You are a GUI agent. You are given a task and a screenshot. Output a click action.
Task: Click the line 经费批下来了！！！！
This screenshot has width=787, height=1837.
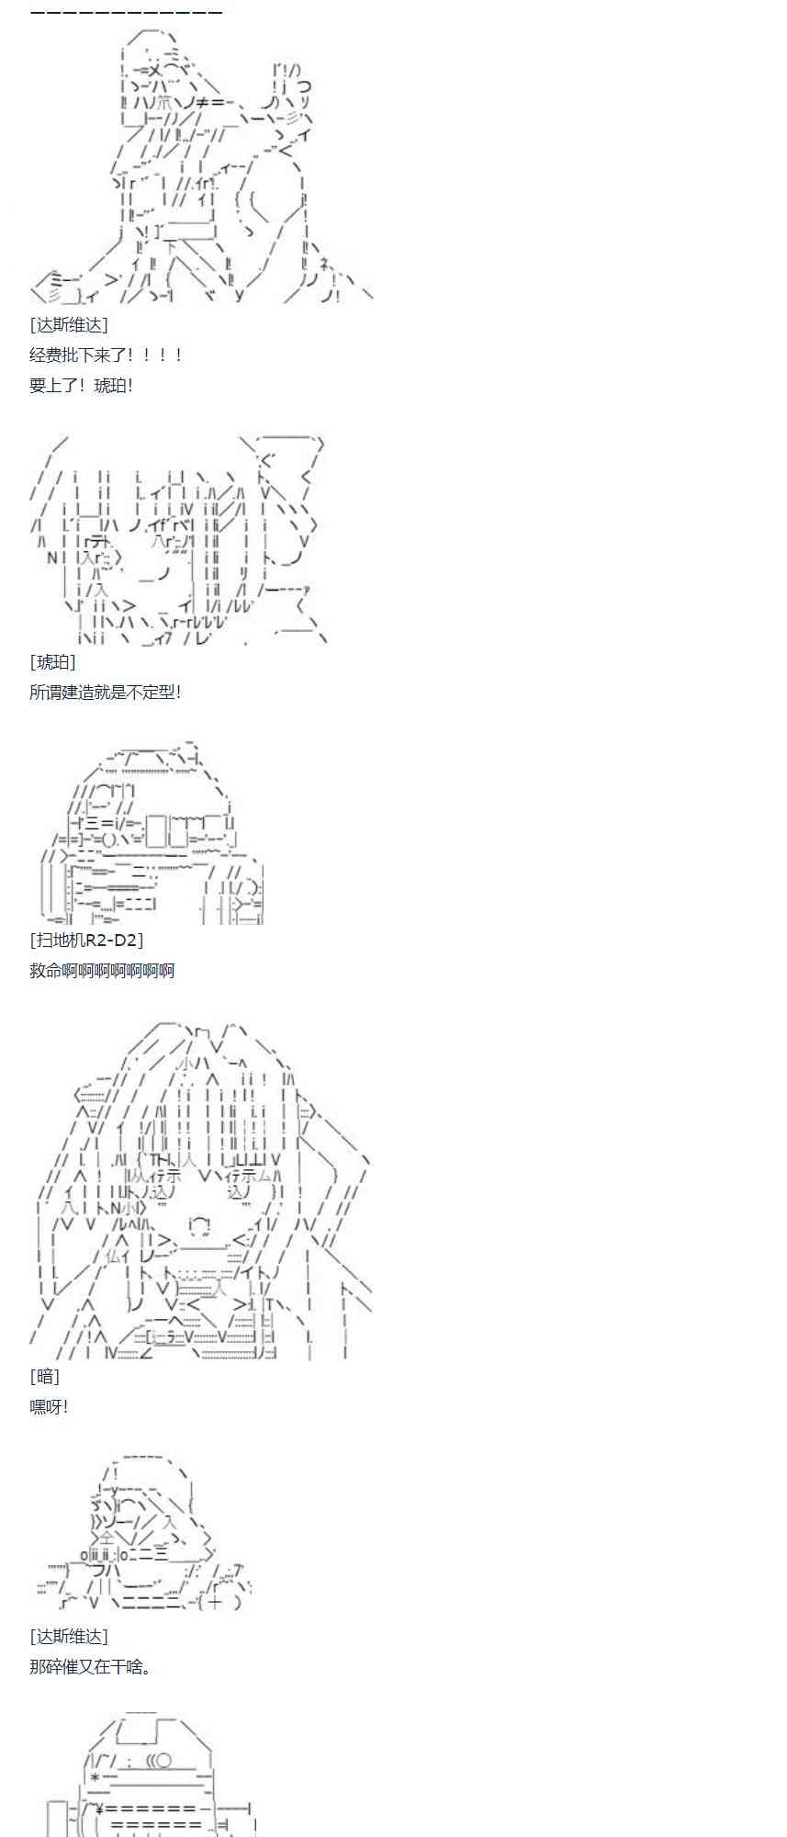pyautogui.click(x=106, y=355)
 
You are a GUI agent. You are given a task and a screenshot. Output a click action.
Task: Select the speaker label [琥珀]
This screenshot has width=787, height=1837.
pyautogui.click(x=52, y=661)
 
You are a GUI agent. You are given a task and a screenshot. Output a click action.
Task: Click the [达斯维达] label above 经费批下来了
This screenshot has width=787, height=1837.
pyautogui.click(x=68, y=325)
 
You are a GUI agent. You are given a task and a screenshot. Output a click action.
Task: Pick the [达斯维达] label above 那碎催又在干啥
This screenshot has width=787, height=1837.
pyautogui.click(x=68, y=1636)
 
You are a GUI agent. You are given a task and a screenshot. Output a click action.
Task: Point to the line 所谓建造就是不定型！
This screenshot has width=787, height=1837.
pyautogui.click(x=106, y=692)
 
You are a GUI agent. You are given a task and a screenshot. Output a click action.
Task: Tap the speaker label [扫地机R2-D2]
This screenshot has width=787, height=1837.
pyautogui.click(x=86, y=940)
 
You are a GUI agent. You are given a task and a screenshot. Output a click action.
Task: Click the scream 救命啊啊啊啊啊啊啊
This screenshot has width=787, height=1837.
pyautogui.click(x=102, y=970)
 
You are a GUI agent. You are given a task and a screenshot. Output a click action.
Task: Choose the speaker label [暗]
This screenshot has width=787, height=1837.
pyautogui.click(x=44, y=1376)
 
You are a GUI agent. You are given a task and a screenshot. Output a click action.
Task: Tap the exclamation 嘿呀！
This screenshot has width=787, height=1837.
pyautogui.click(x=49, y=1406)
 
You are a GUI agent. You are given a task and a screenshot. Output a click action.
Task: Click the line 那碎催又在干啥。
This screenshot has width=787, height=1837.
pyautogui.click(x=91, y=1666)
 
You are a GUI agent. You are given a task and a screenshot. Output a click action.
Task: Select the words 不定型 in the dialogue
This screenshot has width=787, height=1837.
pyautogui.click(x=151, y=692)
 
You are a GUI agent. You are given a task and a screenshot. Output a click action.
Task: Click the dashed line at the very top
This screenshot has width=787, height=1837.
pyautogui.click(x=126, y=12)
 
